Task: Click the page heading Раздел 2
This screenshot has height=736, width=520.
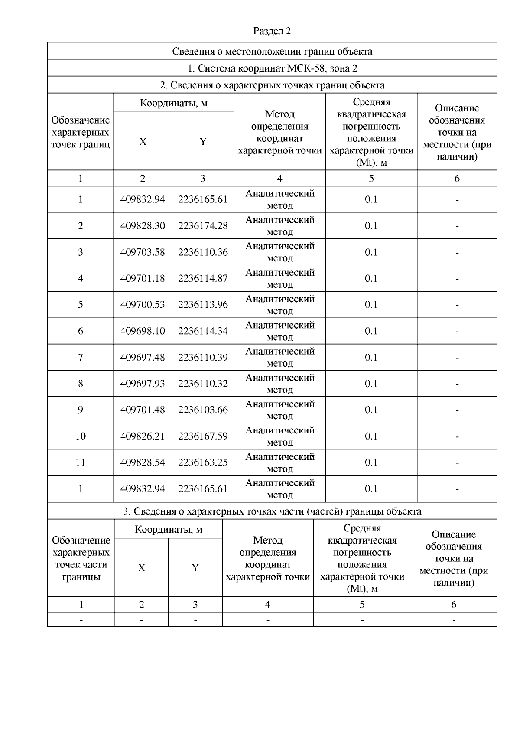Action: [x=272, y=31]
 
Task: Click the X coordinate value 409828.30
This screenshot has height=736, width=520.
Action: [x=143, y=226]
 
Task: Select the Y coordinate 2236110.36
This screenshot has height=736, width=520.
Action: [x=203, y=252]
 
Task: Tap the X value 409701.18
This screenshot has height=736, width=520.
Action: [x=143, y=278]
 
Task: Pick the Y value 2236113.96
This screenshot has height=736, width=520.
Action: [x=203, y=305]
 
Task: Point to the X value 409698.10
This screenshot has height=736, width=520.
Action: [x=143, y=331]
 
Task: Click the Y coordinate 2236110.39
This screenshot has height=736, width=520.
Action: [x=203, y=358]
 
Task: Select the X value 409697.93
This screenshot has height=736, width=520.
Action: [x=143, y=384]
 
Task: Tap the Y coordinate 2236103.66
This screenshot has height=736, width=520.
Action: [x=203, y=410]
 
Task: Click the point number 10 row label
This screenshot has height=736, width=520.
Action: [x=81, y=436]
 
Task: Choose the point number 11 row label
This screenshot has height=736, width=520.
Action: [x=81, y=462]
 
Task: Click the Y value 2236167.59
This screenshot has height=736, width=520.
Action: [x=203, y=436]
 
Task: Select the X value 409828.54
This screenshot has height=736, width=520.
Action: [x=143, y=462]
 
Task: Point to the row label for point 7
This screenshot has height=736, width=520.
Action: [x=81, y=358]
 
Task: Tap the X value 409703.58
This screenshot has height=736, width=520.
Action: [x=143, y=252]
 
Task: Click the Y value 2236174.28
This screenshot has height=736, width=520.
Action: [x=203, y=226]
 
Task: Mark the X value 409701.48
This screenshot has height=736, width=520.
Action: [x=143, y=410]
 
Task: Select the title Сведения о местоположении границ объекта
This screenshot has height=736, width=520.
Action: [x=272, y=52]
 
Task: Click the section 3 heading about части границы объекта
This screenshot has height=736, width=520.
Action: [x=272, y=511]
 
